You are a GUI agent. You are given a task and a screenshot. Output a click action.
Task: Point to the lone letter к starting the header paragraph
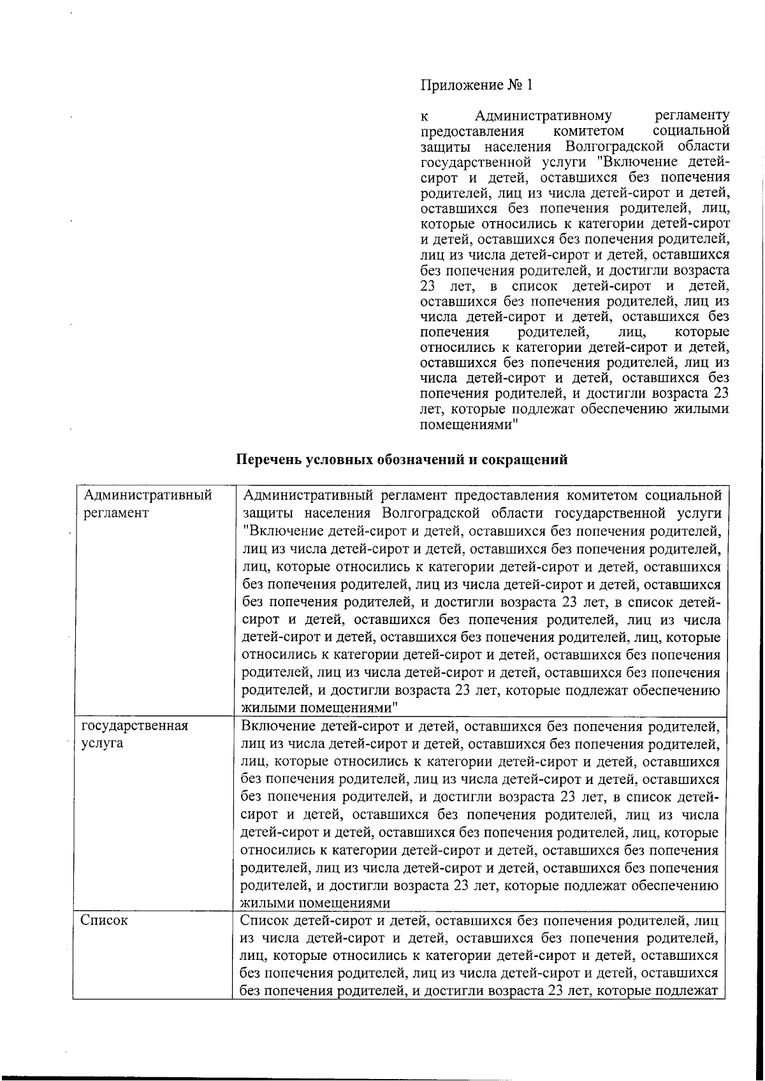pos(424,117)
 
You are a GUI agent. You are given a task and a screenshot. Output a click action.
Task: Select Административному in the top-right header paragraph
pos(544,116)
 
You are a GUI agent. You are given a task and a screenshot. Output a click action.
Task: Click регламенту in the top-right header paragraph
pos(692,116)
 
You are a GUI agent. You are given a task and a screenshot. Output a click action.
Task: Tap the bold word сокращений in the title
pos(524,460)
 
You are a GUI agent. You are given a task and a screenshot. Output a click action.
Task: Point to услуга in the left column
pos(103,743)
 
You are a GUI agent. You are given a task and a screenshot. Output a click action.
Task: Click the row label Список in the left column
pos(105,921)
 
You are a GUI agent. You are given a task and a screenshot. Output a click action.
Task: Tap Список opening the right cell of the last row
pos(264,921)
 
